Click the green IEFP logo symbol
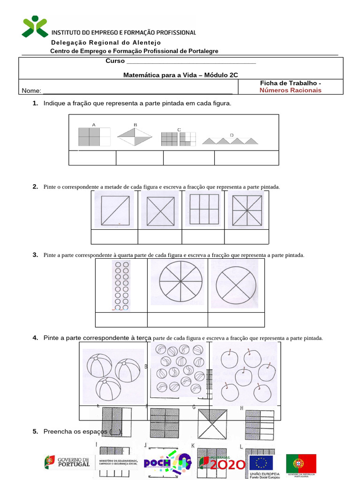point(35,26)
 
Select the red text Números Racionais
point(291,90)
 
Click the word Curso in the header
point(115,61)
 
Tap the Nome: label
point(31,90)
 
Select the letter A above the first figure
point(94,125)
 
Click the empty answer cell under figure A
point(92,158)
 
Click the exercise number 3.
point(35,255)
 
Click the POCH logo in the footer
point(167,463)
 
